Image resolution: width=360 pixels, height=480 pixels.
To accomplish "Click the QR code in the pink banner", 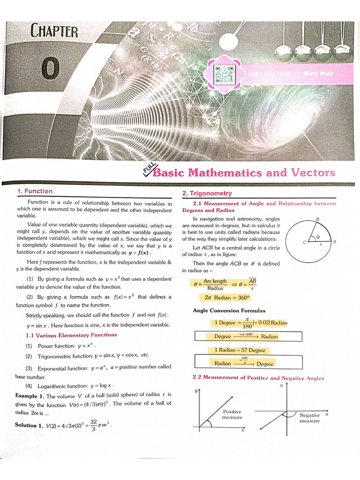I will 225,73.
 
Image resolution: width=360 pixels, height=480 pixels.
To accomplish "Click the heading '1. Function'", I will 35,191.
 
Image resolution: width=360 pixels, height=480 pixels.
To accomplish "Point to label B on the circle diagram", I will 317,219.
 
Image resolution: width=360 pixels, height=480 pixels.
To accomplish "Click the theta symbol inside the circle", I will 318,237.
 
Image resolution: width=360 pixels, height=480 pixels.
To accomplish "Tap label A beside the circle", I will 334,242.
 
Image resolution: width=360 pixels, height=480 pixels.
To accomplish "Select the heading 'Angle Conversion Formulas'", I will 229,310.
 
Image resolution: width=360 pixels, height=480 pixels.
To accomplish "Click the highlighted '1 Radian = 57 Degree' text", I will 240,350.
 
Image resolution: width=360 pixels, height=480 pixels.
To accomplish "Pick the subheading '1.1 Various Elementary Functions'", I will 71,335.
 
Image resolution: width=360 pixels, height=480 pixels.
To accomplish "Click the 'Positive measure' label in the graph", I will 232,414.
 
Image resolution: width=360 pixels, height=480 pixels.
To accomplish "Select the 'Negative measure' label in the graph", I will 309,418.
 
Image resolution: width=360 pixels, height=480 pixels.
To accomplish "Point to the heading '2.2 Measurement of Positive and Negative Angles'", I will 258,377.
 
